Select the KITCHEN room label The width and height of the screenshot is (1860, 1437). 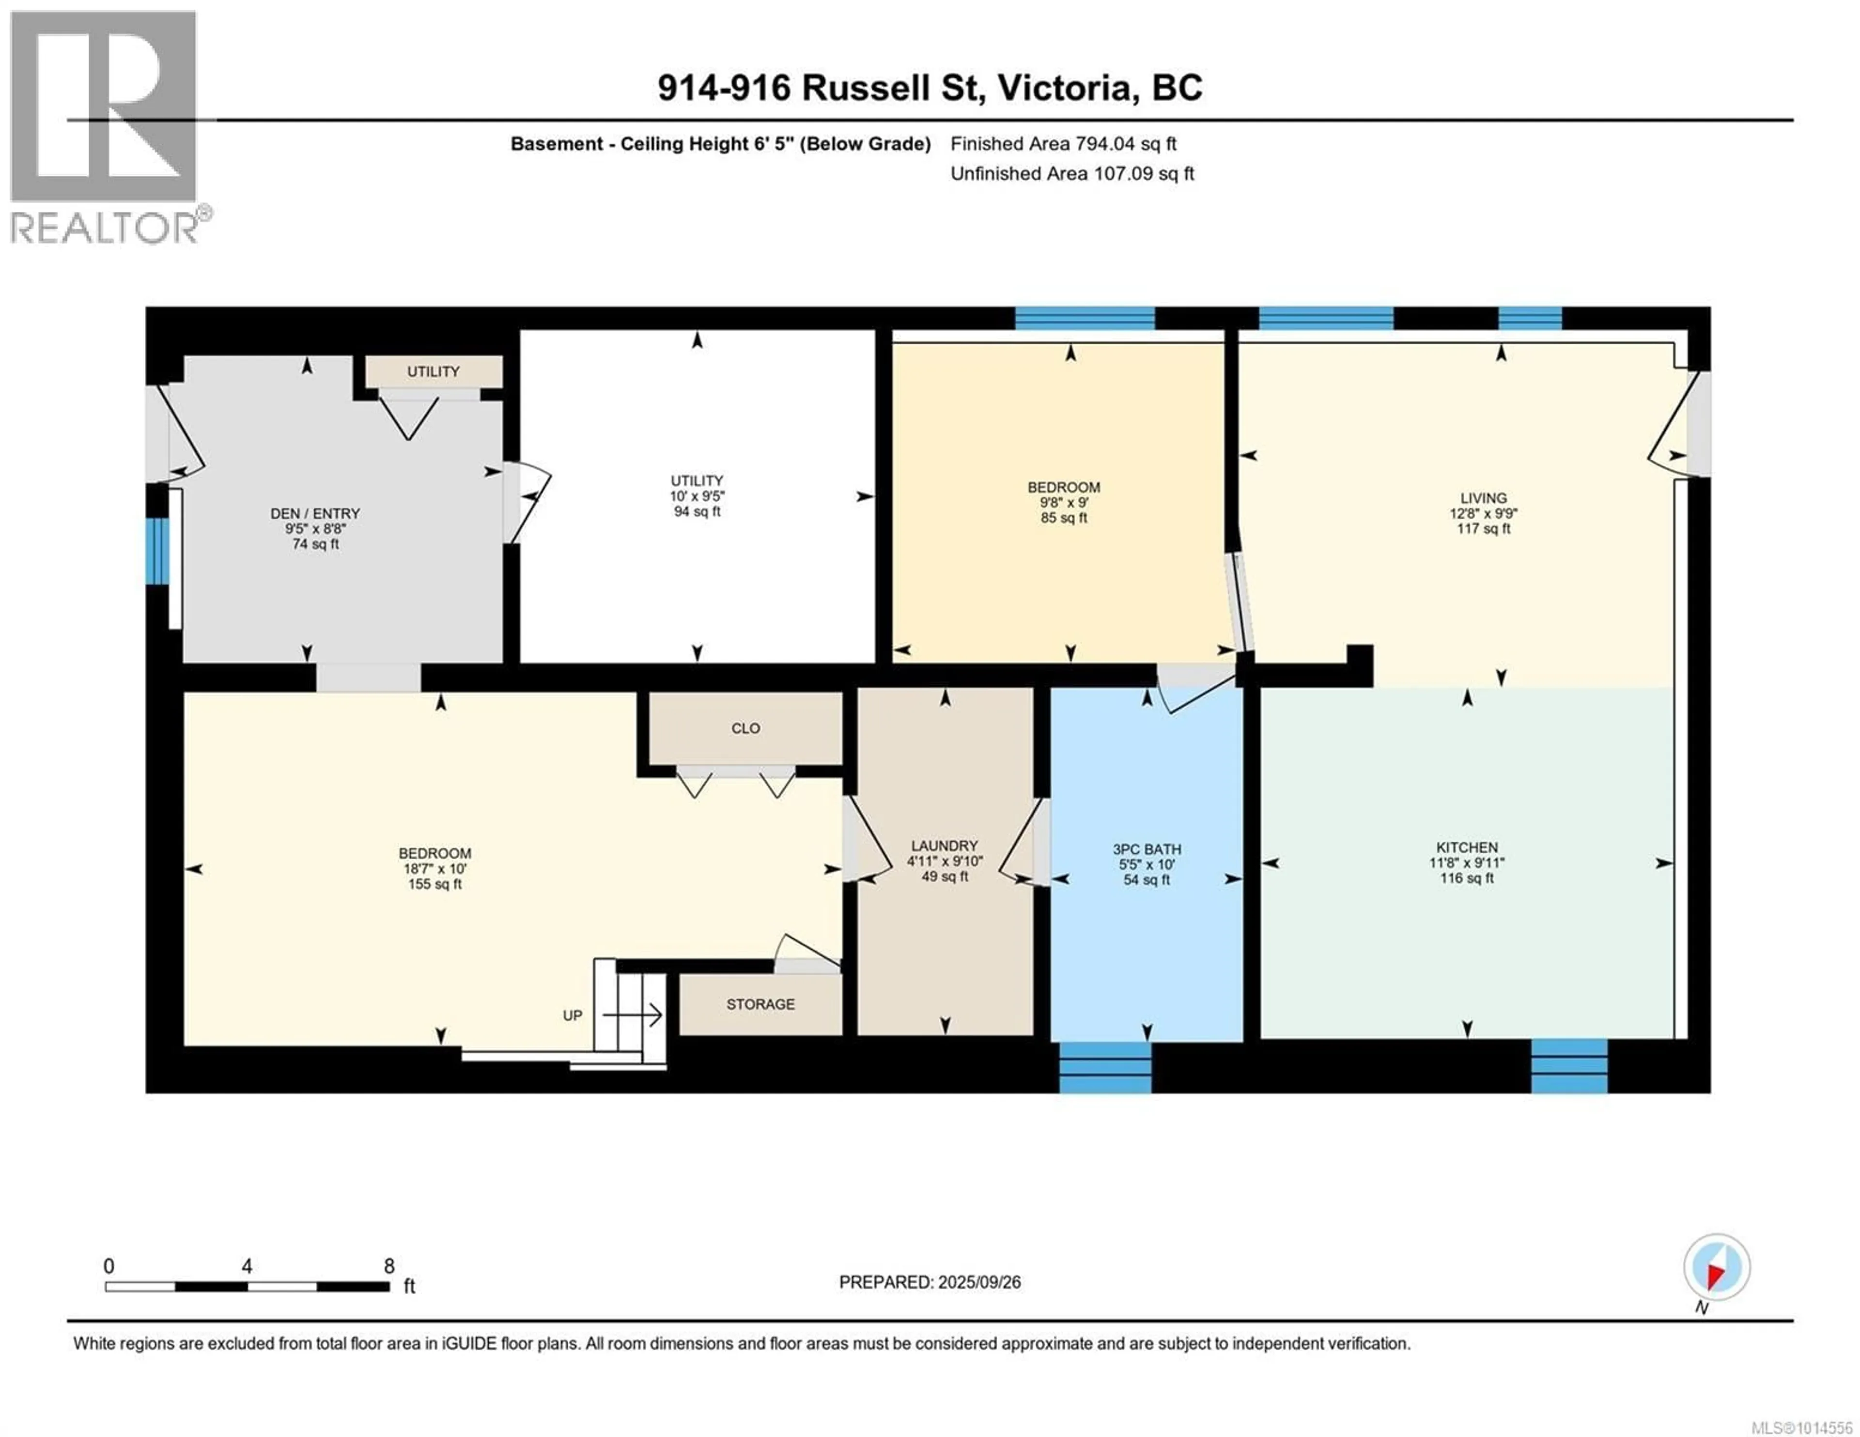pos(1467,848)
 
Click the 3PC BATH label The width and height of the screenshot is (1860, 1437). pos(1147,849)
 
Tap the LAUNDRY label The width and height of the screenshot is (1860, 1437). pos(945,846)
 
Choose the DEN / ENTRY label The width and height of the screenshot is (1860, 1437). pos(315,514)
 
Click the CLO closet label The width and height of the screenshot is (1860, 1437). pos(745,728)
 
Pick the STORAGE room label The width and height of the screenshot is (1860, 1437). pos(760,1004)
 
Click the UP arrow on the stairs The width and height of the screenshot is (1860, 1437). pos(633,1015)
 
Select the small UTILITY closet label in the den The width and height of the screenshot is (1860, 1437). pos(434,371)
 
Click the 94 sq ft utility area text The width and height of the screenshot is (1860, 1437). pos(697,512)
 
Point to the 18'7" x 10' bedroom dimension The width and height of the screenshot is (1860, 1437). pos(434,869)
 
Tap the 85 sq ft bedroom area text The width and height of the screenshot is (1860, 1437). pos(1064,518)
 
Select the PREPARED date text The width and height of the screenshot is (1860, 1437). pos(930,1282)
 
